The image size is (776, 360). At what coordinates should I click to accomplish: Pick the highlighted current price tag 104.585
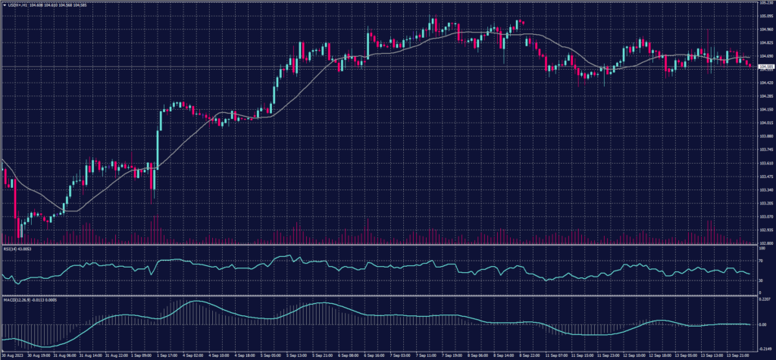765,67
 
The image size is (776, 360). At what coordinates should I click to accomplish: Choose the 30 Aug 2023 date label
14,354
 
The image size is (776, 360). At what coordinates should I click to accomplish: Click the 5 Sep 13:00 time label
297,354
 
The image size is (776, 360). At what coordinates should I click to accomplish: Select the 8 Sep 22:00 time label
530,354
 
